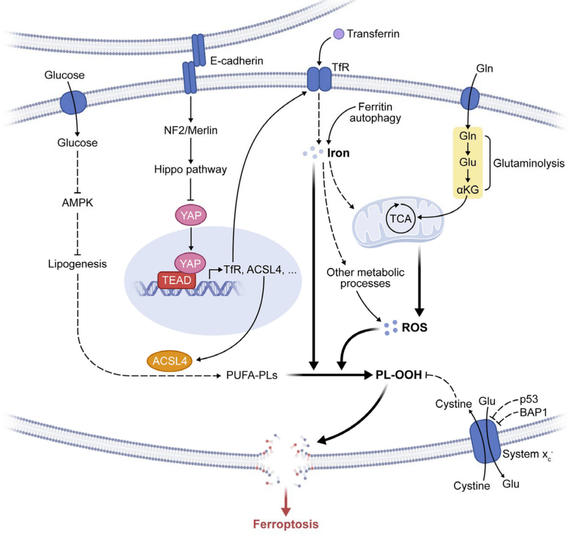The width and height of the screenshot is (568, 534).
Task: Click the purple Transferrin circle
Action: tap(338, 34)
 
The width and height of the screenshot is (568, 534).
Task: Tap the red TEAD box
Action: tap(177, 280)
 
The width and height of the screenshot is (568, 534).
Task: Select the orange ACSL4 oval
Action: tap(170, 361)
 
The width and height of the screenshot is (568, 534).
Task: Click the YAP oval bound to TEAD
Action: tap(190, 263)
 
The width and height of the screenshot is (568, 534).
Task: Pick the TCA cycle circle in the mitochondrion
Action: tap(400, 218)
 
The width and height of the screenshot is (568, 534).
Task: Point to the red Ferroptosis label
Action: tap(286, 524)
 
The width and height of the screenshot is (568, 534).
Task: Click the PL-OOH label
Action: tap(398, 375)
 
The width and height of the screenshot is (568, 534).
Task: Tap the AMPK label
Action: tap(77, 203)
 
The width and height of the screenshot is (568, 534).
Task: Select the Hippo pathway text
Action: tap(190, 169)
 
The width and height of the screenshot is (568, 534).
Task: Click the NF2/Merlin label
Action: tap(190, 130)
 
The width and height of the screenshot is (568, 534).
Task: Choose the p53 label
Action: tap(529, 400)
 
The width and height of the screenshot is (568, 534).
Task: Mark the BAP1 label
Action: tap(534, 412)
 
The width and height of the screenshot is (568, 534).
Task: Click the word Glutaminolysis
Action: tap(529, 164)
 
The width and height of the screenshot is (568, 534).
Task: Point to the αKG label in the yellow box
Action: tap(467, 190)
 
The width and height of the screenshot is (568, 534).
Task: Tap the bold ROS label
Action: tap(415, 328)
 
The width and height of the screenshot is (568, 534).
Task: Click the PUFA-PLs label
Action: tap(252, 375)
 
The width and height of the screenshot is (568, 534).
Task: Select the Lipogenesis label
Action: tap(77, 264)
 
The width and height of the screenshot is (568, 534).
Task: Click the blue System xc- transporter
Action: tap(485, 441)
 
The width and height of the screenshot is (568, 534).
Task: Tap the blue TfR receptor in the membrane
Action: tap(319, 78)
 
